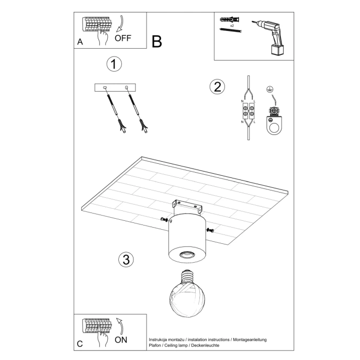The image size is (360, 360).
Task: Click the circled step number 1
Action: tap(114, 64)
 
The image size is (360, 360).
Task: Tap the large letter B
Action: tap(157, 41)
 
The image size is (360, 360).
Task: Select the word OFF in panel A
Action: tap(123, 38)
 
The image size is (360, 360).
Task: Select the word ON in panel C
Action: tap(121, 339)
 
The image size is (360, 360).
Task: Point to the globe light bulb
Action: tap(187, 297)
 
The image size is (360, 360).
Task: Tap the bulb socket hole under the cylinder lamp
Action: tap(186, 255)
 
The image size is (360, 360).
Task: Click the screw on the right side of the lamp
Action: tap(210, 230)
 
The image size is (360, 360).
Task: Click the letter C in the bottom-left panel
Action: tap(80, 344)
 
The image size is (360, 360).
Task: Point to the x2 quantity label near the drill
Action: tap(231, 25)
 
